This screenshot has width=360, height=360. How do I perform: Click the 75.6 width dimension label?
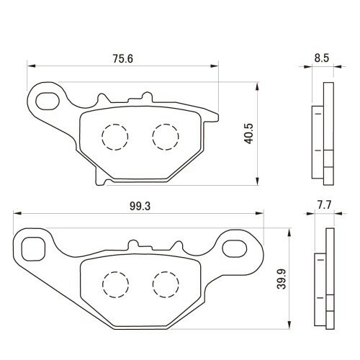tap(123, 59)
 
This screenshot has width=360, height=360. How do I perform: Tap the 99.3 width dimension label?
tap(140, 206)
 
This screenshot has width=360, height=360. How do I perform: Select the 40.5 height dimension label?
tap(249, 134)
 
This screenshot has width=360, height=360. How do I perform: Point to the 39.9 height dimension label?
tap(282, 279)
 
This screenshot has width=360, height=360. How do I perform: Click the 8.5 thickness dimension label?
tap(322, 58)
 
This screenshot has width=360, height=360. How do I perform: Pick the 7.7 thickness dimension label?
tap(324, 205)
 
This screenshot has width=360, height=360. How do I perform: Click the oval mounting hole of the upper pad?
tap(48, 101)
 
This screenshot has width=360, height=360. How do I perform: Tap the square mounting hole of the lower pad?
tap(33, 249)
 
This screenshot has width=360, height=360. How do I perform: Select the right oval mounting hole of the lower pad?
tap(235, 248)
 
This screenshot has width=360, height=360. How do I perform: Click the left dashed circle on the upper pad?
tap(115, 137)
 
